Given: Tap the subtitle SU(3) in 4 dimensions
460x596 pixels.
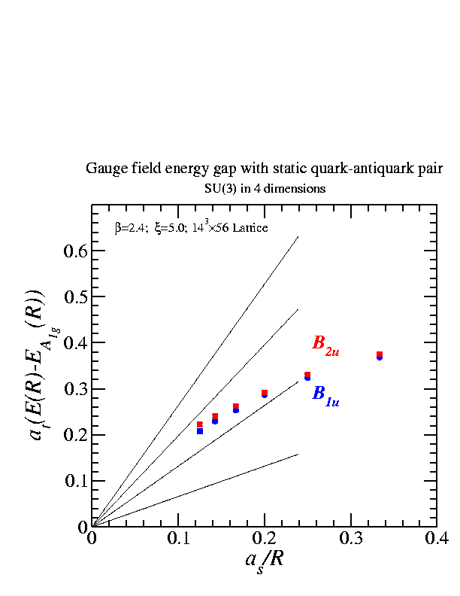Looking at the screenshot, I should (265, 188).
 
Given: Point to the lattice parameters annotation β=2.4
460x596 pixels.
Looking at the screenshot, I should (192, 227).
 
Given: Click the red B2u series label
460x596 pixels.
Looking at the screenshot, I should (326, 345).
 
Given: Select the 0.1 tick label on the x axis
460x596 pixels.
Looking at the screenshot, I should (177, 539).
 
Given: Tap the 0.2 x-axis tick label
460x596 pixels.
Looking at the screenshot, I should (264, 539).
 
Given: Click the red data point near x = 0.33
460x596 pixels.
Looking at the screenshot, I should (380, 354).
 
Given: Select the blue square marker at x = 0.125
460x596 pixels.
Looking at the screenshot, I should (200, 431).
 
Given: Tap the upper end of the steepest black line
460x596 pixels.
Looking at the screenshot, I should (298, 237).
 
